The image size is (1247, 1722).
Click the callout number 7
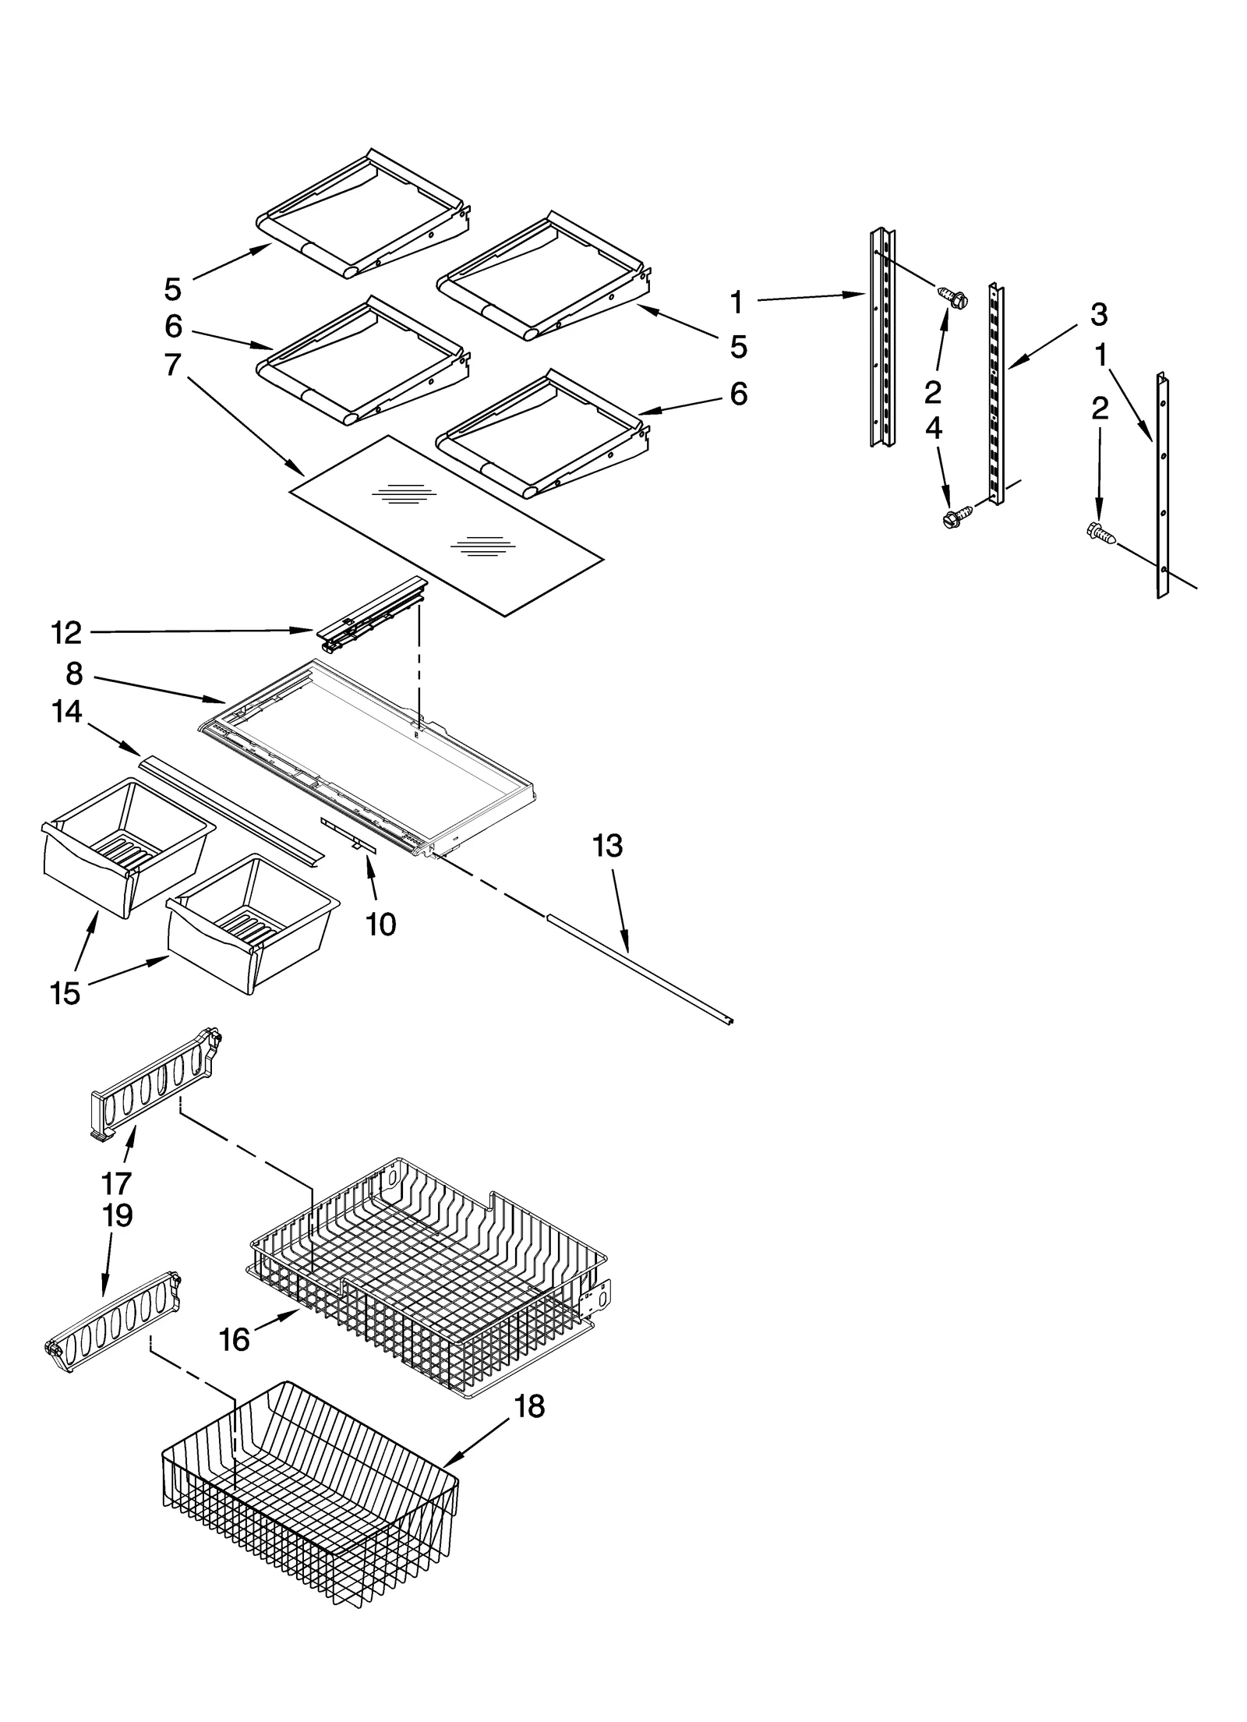pos(172,364)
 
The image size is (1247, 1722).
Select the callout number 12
pos(66,633)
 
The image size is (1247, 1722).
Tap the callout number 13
pos(608,846)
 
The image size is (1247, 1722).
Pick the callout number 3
pos(1099,315)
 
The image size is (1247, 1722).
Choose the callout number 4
pos(933,428)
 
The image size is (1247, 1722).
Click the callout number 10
pos(381,925)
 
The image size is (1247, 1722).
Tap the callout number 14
pos(67,711)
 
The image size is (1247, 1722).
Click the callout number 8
pos(74,674)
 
